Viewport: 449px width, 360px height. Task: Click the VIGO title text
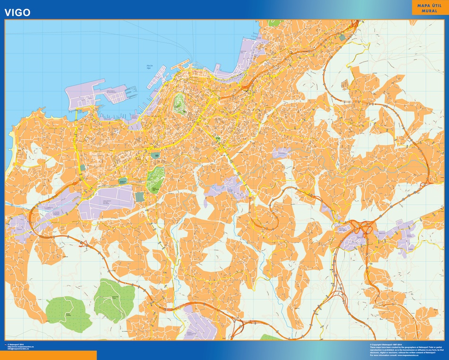coord(18,13)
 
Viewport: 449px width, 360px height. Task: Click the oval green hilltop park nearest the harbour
coord(179,103)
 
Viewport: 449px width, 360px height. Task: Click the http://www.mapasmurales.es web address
coord(24,346)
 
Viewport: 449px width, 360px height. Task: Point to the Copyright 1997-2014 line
coord(386,344)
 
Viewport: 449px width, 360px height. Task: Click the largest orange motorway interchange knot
coord(362,230)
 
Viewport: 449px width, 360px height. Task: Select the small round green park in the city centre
coord(218,138)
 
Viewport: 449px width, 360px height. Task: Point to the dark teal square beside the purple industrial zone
coord(139,196)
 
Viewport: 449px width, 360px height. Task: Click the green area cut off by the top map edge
coord(274,22)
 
